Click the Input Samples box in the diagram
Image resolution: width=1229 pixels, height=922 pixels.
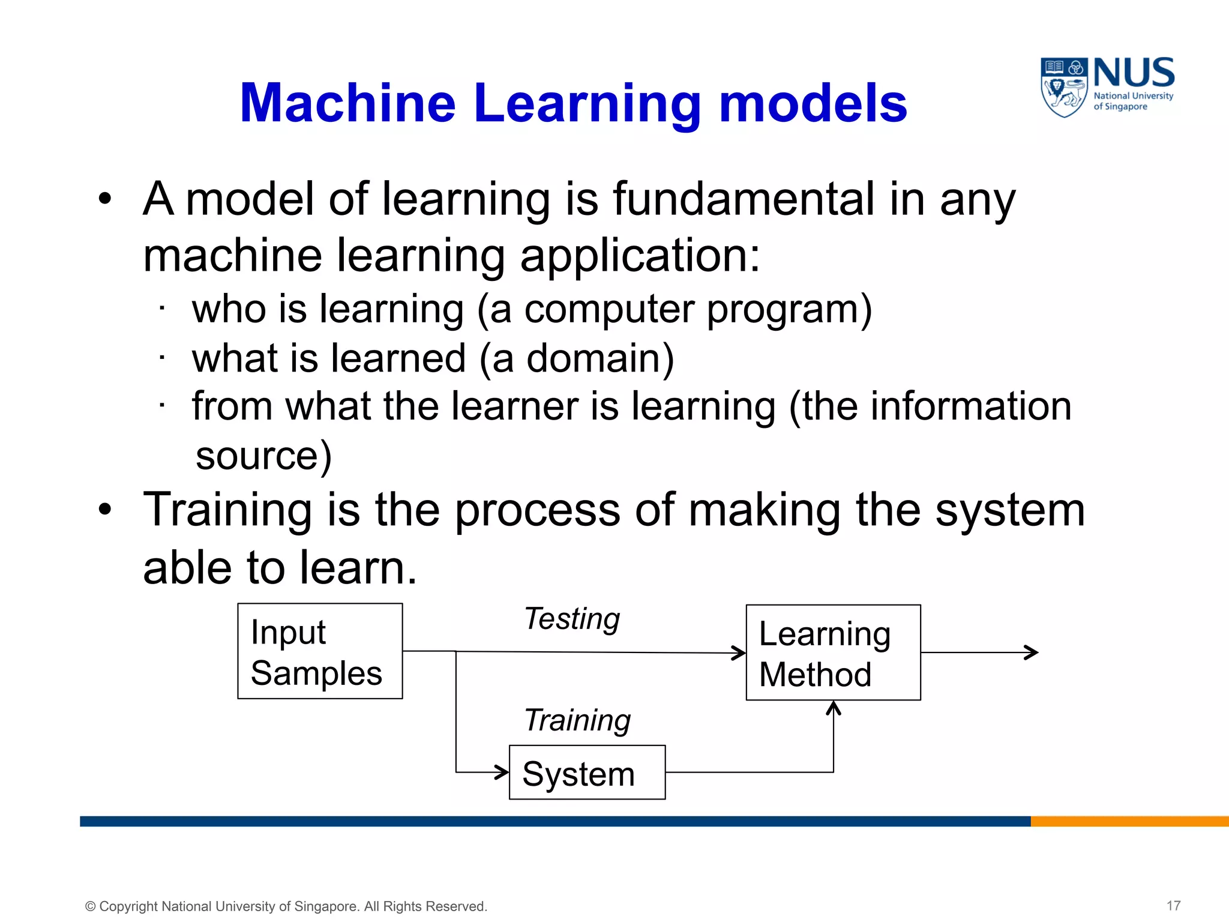point(320,651)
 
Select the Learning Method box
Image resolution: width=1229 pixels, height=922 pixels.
point(833,652)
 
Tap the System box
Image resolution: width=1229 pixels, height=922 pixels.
point(587,773)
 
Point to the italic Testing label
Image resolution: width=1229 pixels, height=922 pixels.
point(572,619)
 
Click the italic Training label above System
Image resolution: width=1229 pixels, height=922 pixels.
point(577,720)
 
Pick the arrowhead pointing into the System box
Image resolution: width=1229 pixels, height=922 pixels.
point(502,772)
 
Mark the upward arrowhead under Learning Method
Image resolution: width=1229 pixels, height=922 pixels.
point(834,708)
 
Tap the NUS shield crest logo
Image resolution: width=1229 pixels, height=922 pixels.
point(1064,87)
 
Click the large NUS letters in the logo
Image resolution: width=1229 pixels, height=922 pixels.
point(1134,73)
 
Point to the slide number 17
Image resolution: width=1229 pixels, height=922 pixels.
point(1174,906)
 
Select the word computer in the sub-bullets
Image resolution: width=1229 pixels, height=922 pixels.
point(608,310)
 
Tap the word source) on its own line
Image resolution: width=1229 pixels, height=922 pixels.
point(263,456)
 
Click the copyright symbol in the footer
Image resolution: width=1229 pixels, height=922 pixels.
point(91,906)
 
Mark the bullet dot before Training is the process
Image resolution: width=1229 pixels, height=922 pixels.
point(106,510)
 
